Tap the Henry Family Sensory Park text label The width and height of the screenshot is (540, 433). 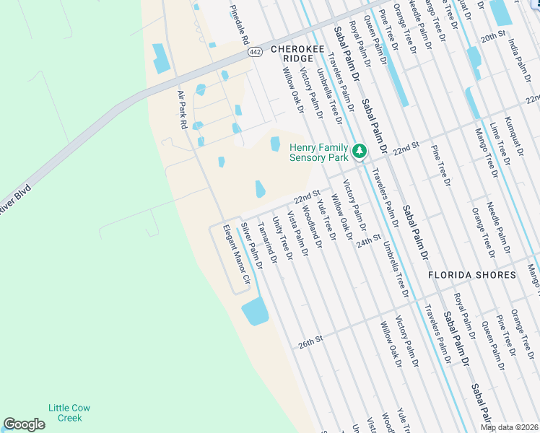point(318,152)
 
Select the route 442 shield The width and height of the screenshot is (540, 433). point(255,52)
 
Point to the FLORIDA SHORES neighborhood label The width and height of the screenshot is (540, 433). point(471,275)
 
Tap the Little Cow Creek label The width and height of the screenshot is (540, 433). point(65,413)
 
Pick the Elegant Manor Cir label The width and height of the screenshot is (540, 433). point(235,253)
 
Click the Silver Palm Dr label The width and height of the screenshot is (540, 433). point(251,242)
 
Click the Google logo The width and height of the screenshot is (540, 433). point(24,424)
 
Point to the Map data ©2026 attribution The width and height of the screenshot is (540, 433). point(509,427)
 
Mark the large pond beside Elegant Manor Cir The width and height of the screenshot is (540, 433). point(255,312)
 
